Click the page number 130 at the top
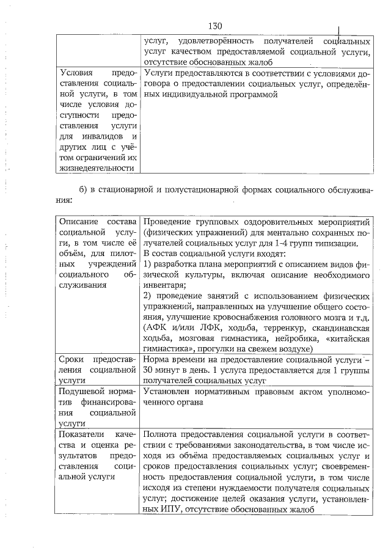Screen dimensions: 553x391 pyautogui.click(x=214, y=26)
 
